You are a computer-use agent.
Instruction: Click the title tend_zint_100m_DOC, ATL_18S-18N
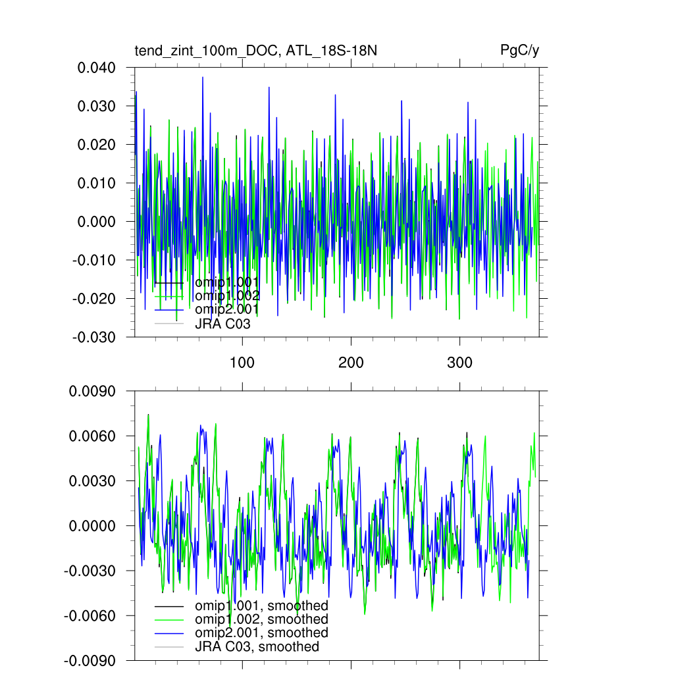pyautogui.click(x=255, y=51)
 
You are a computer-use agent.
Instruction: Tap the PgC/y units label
pyautogui.click(x=520, y=51)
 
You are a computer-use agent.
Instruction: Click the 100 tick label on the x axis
pyautogui.click(x=242, y=363)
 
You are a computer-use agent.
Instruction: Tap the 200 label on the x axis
pyautogui.click(x=351, y=363)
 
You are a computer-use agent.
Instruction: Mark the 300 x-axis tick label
pyautogui.click(x=459, y=363)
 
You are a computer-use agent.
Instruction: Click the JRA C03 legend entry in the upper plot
pyautogui.click(x=222, y=324)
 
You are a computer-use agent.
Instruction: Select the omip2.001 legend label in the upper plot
pyautogui.click(x=226, y=309)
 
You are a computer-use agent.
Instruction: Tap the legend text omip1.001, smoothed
pyautogui.click(x=261, y=606)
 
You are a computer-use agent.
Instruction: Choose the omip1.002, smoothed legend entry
pyautogui.click(x=261, y=619)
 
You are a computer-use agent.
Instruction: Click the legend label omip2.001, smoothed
pyautogui.click(x=261, y=633)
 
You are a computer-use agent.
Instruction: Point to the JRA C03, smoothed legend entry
pyautogui.click(x=257, y=647)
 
